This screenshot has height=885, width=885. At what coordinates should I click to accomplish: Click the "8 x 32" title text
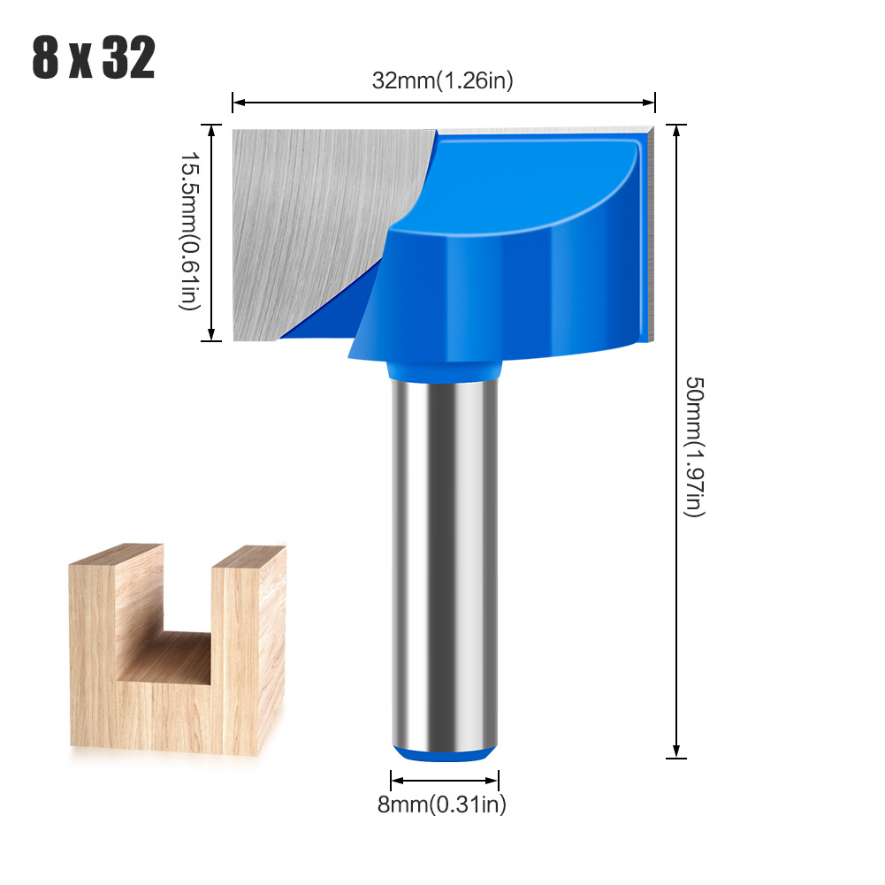[x=94, y=58]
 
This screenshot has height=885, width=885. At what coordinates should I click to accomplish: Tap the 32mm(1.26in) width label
[x=442, y=80]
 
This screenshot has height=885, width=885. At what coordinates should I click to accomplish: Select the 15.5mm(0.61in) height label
[x=190, y=232]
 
